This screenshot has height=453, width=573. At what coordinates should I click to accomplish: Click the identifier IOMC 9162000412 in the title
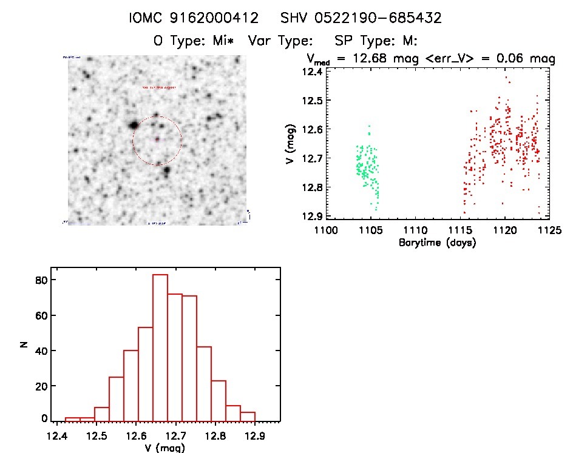point(196,18)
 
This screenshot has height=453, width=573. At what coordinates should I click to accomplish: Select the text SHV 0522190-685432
point(361,18)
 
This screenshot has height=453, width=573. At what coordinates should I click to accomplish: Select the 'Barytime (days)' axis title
point(437,243)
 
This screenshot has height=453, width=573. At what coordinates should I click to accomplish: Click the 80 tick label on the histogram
point(41,280)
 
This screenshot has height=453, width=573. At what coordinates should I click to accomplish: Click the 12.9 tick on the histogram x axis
point(256,435)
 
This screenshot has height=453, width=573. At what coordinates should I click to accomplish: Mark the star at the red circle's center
point(157,140)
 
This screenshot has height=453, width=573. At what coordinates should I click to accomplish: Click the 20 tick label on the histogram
point(41,384)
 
